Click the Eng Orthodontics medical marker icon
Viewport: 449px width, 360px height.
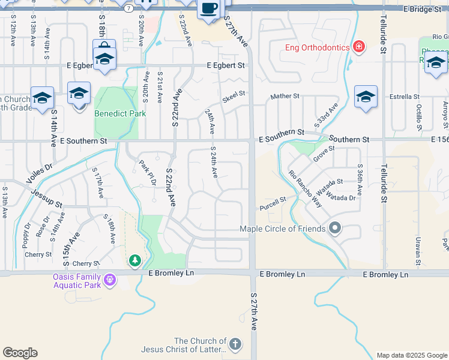(x=359, y=47)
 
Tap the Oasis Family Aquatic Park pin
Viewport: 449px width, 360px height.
(x=109, y=279)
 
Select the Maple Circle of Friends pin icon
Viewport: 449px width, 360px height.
(x=335, y=228)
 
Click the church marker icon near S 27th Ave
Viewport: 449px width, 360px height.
(x=235, y=344)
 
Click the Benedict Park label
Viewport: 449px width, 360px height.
(x=120, y=113)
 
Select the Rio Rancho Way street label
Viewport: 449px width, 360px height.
(x=305, y=189)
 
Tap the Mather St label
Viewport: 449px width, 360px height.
(x=285, y=96)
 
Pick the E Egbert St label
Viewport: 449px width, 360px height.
(x=226, y=65)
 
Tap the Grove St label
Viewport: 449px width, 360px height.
(x=323, y=153)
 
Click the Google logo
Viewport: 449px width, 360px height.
(x=20, y=353)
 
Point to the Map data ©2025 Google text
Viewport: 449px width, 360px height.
(x=412, y=355)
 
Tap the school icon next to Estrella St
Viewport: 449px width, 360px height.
(x=366, y=97)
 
